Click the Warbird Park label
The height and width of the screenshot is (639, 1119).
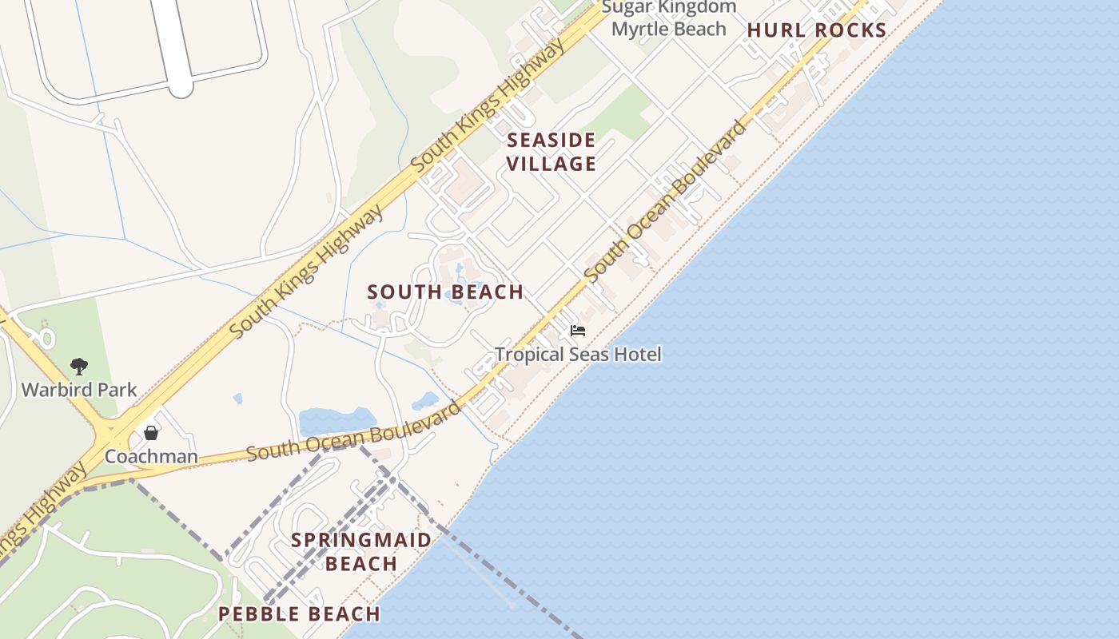[x=79, y=390]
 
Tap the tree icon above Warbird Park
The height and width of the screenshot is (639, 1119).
[x=78, y=367]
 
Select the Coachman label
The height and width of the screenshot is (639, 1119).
[x=151, y=456]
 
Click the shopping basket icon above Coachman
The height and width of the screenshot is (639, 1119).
[x=151, y=433]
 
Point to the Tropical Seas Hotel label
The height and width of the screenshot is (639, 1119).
[x=578, y=354]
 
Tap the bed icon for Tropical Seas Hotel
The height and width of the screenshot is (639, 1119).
[x=578, y=331]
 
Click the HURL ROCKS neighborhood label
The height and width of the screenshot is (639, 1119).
[x=817, y=31]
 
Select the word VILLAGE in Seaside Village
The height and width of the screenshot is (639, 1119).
[x=552, y=164]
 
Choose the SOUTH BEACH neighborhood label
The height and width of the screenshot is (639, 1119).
[x=445, y=292]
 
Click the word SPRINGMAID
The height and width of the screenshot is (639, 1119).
[x=361, y=540]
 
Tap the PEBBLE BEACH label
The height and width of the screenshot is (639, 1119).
[x=299, y=614]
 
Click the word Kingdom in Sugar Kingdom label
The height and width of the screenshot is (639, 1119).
[x=694, y=7]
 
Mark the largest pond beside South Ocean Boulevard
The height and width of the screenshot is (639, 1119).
[x=336, y=421]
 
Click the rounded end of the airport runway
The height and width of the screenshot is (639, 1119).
[x=181, y=86]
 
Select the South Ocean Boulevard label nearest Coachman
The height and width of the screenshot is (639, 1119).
[x=354, y=436]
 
